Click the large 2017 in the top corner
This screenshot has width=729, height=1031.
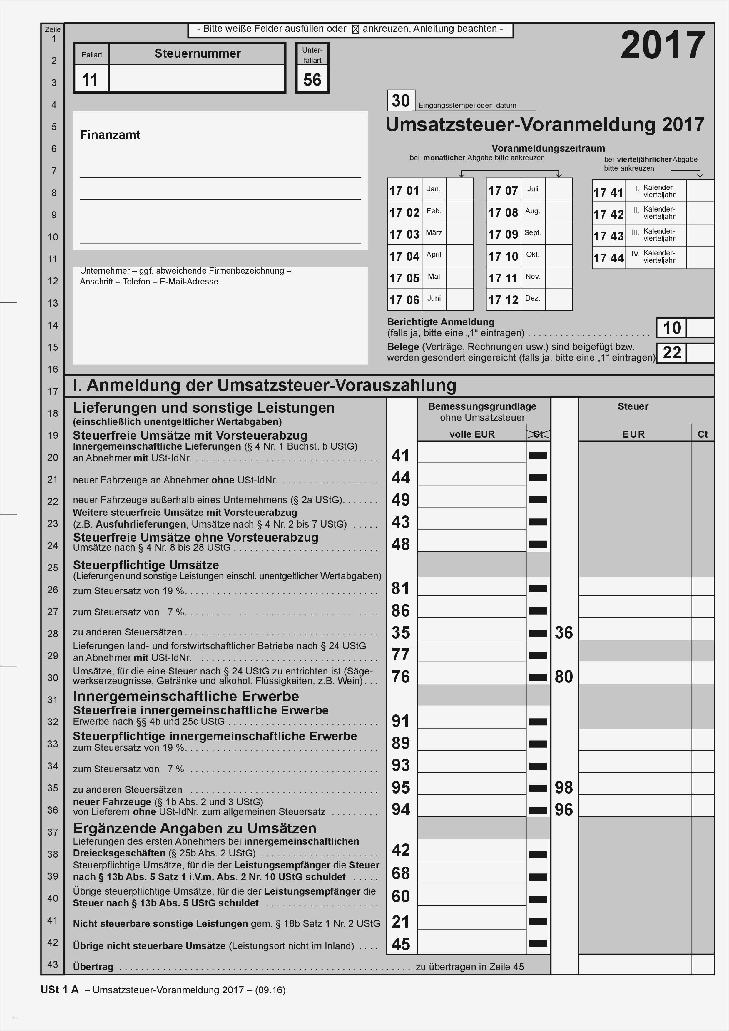[x=663, y=45]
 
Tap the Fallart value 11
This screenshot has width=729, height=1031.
[x=90, y=79]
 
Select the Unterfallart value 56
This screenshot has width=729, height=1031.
[x=312, y=79]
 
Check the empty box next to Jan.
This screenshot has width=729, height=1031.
[x=460, y=189]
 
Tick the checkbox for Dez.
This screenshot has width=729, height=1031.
[x=559, y=299]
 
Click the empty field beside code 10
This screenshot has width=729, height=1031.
[x=700, y=328]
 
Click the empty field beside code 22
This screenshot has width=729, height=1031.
[x=700, y=353]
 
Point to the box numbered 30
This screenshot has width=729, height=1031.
[x=401, y=101]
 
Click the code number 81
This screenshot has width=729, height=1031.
[x=401, y=588]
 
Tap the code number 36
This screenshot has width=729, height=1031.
[x=564, y=633]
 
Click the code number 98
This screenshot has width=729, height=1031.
[x=564, y=788]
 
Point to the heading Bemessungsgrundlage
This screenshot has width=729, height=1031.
[x=482, y=406]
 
